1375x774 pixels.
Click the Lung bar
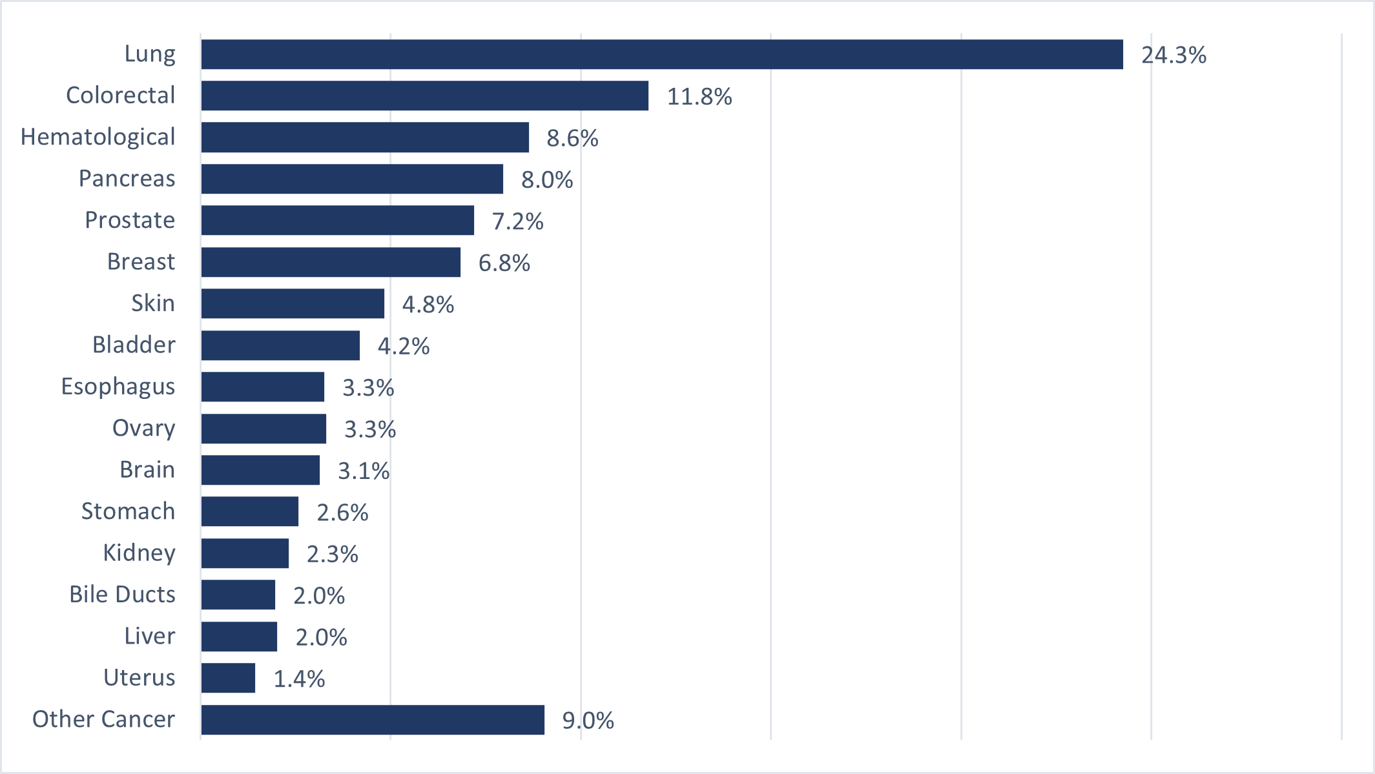tap(661, 54)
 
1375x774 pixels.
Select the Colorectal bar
tap(424, 96)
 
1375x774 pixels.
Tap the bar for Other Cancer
tap(372, 719)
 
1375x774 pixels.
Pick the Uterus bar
tap(228, 678)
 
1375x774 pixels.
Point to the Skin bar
tap(293, 303)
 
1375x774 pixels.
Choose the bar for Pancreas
tap(352, 179)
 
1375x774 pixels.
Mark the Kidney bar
tap(245, 553)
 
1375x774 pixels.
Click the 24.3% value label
tap(1173, 55)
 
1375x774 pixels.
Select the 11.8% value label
tap(699, 97)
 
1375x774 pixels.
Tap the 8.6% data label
tap(572, 138)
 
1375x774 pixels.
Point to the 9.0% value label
tap(588, 720)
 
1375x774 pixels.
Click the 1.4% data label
tap(299, 679)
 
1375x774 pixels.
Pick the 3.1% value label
tap(364, 471)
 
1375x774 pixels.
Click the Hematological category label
tap(98, 137)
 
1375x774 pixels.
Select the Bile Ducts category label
tap(122, 595)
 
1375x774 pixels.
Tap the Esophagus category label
tap(118, 387)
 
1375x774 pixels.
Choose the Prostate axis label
tap(130, 220)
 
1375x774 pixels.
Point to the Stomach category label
tap(128, 511)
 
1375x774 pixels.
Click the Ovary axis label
tap(143, 428)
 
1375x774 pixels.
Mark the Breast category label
tap(141, 261)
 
